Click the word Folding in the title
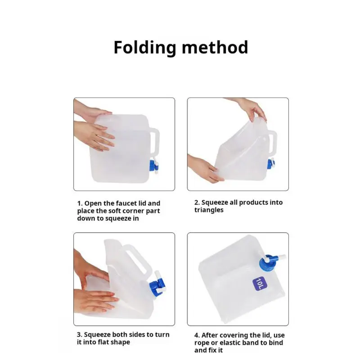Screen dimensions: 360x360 point(144,48)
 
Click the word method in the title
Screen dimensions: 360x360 point(215,47)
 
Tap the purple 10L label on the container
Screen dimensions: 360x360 point(260,283)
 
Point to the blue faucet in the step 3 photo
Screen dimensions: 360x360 point(157,283)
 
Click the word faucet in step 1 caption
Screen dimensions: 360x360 point(126,203)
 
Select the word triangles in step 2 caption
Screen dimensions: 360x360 point(209,210)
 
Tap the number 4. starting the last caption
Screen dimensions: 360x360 point(197,335)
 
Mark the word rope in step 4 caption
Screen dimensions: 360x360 point(202,343)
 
